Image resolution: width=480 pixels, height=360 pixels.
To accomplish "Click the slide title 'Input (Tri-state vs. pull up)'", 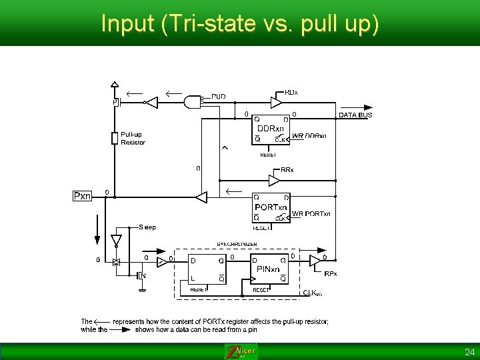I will point(240,23).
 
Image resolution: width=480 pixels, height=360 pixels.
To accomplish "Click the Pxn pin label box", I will point(82,196).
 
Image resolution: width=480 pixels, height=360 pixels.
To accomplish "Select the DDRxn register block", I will point(270,129).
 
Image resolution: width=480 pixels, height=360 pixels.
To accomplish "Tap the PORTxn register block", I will point(271,207).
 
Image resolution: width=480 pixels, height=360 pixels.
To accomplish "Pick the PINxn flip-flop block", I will point(271,269).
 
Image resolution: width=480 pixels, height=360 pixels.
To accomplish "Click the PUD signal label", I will point(219,97).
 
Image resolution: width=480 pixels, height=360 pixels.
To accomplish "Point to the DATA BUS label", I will point(355,115).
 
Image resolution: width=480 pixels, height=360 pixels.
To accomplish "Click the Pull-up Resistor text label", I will point(132,138).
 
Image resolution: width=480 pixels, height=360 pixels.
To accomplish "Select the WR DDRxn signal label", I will point(309,136).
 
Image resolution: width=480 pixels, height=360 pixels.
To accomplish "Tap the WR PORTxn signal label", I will point(311,214).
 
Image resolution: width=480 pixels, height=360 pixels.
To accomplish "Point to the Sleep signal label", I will point(147,227).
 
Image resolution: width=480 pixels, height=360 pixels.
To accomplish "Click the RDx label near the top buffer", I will point(291,92).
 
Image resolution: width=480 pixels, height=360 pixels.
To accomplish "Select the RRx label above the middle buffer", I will point(287,170).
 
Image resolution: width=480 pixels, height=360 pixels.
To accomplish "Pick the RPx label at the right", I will point(331,273).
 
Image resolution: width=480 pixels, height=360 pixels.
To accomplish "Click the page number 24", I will point(469,351).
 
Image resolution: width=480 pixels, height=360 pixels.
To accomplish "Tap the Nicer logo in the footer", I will point(241,351).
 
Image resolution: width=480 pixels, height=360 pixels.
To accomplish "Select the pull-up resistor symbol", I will point(115,138).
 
